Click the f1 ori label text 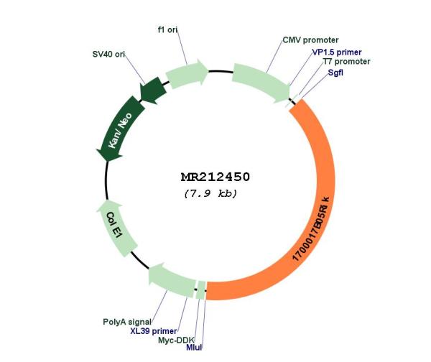click(167, 30)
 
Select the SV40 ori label click(112, 54)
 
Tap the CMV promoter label click(310, 40)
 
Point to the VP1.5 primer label click(337, 52)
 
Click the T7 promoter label click(346, 62)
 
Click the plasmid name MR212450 click(215, 177)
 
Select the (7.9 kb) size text click(210, 194)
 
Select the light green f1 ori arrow click(186, 74)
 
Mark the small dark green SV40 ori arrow click(152, 90)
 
